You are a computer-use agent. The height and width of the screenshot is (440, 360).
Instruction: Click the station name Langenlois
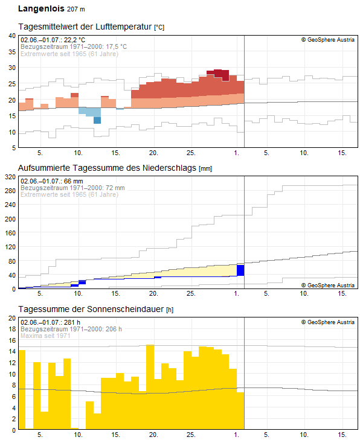pos(41,8)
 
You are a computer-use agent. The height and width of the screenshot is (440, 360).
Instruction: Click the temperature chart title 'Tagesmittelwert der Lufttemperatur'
pos(85,27)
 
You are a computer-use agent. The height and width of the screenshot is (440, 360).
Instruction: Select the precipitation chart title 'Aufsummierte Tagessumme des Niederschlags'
pos(107,168)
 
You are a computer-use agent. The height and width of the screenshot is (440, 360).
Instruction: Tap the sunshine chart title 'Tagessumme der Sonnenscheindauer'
pos(91,309)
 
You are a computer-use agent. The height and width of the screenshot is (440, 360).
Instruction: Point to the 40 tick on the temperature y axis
pos(12,36)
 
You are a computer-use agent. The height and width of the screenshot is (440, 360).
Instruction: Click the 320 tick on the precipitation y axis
pos(10,177)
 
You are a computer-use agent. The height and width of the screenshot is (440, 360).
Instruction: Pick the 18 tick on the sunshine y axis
pos(12,329)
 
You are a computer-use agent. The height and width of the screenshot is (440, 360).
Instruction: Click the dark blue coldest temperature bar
pos(97,120)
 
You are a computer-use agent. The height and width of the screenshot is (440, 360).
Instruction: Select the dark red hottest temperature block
pos(218,74)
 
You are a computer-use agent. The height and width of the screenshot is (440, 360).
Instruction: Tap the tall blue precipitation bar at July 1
pos(240,270)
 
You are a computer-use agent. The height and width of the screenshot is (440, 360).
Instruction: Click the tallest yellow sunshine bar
pos(150,387)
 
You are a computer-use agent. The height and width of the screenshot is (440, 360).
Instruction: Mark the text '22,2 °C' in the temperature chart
pos(74,40)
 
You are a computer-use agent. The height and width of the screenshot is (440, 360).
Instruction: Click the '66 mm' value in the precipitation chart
pos(73,181)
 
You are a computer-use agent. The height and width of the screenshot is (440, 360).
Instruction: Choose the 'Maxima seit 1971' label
pos(45,336)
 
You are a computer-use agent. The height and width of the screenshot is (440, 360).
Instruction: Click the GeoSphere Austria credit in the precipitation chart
pos(328,285)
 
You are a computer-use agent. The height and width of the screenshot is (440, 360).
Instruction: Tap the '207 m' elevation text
pos(76,9)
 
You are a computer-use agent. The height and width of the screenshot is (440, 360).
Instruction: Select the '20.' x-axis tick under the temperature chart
pos(153,153)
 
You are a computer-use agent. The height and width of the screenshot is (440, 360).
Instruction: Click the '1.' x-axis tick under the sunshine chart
pos(237,435)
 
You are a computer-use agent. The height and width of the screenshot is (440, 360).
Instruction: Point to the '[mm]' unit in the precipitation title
pos(205,168)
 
